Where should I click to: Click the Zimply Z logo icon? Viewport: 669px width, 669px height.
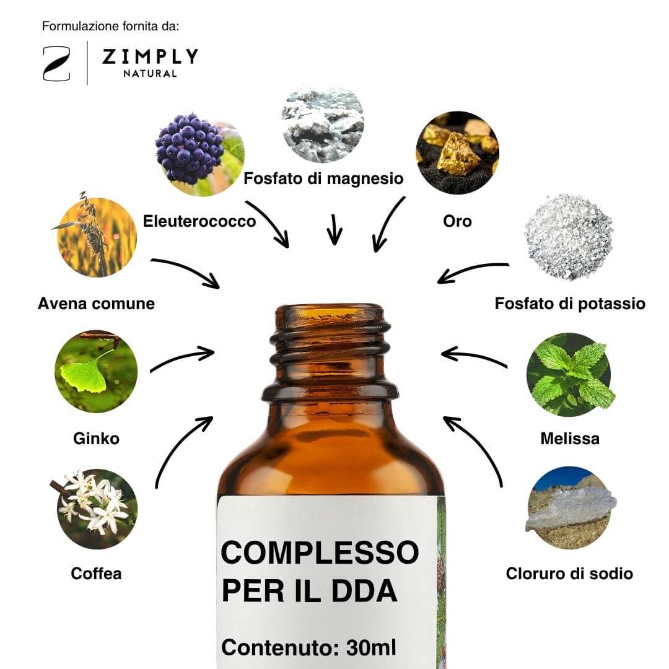click(56, 64)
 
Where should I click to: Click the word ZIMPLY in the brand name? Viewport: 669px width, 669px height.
click(150, 57)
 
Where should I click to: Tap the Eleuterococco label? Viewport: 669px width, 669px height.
click(199, 221)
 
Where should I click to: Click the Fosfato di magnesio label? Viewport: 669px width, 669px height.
click(323, 178)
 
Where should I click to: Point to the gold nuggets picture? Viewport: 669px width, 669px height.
click(457, 153)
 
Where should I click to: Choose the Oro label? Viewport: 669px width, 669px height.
click(457, 221)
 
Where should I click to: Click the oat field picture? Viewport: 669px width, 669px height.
click(97, 236)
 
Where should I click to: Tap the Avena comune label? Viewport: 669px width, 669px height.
click(97, 304)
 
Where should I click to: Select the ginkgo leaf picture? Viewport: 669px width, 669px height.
click(96, 371)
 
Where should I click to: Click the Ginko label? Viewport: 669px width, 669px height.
click(96, 439)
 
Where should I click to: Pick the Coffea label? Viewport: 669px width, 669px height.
click(96, 574)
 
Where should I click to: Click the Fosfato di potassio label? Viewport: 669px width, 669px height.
click(570, 304)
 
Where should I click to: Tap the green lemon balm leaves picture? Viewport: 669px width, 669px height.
click(570, 374)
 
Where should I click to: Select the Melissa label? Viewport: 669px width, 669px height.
click(570, 439)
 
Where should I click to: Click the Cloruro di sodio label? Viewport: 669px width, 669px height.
click(570, 574)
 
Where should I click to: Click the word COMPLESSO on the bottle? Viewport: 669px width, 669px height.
click(320, 553)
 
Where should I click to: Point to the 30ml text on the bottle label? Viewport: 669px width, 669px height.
click(371, 647)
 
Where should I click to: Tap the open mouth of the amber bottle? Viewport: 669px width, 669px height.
click(330, 312)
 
